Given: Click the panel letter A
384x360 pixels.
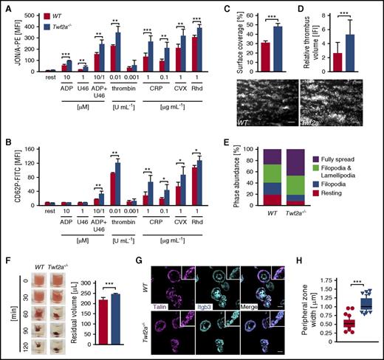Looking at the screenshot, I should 6,6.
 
